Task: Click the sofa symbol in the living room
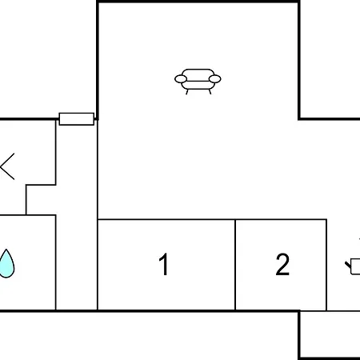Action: [x=198, y=81]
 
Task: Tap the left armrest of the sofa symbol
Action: [x=181, y=79]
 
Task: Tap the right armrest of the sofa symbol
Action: [x=215, y=79]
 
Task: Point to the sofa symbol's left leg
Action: [x=187, y=92]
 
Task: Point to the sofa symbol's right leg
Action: [x=210, y=92]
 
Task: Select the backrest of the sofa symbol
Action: [x=198, y=73]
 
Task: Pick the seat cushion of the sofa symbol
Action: [x=198, y=85]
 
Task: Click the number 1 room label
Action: [x=164, y=264]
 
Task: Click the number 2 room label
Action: [x=282, y=264]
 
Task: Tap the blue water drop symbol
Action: [x=6, y=264]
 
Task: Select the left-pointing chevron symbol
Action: [x=7, y=166]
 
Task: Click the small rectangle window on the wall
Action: [x=77, y=119]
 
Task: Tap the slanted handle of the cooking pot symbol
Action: [x=348, y=265]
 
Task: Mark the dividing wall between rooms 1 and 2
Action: [x=235, y=265]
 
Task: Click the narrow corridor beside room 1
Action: [x=77, y=216]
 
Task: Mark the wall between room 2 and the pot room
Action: [x=326, y=265]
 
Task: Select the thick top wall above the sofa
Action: [x=198, y=2]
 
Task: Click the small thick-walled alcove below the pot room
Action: [x=330, y=334]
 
